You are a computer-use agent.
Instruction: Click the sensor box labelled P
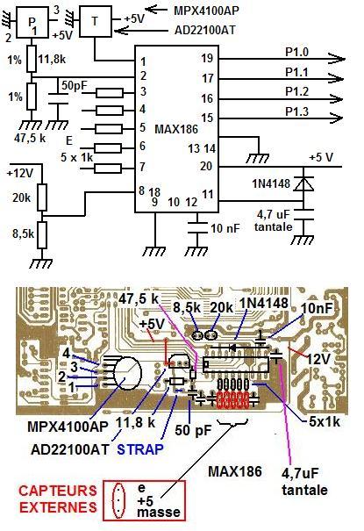[32, 23]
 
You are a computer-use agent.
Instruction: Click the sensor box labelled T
[95, 22]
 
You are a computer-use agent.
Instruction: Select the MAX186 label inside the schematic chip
[176, 129]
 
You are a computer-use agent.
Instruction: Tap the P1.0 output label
[296, 52]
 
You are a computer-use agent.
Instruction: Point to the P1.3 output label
[296, 111]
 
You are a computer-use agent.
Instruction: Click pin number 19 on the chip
[207, 58]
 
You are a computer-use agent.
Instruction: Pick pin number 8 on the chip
[142, 190]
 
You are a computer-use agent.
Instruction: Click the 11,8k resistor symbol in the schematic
[32, 59]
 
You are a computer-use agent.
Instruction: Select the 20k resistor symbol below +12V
[42, 197]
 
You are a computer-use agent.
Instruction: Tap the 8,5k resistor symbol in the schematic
[42, 235]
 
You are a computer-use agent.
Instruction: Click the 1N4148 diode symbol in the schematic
[303, 184]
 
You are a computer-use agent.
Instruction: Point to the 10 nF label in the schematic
[225, 228]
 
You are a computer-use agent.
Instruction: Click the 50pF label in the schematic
[75, 85]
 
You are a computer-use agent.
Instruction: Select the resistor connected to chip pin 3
[110, 92]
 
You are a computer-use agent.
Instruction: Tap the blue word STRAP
[140, 449]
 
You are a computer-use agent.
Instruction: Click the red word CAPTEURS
[58, 491]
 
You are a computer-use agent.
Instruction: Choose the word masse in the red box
[159, 512]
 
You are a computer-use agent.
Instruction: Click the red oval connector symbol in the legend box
[118, 501]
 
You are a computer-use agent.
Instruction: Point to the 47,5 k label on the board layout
[139, 298]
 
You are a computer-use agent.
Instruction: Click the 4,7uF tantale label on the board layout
[304, 481]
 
